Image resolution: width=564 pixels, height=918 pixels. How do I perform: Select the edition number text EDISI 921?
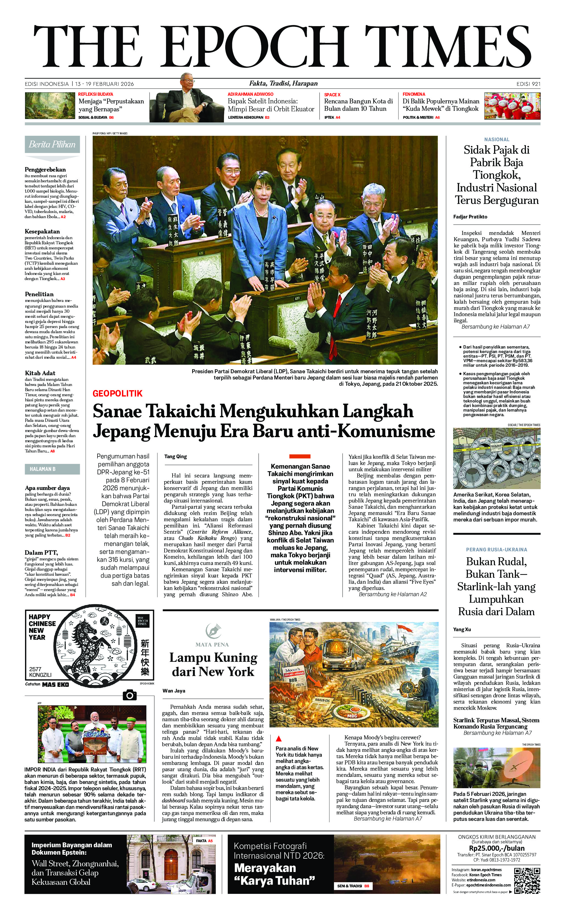point(528,84)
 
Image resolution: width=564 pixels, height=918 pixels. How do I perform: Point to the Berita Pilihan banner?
point(52,145)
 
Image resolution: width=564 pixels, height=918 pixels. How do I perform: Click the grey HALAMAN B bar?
point(52,469)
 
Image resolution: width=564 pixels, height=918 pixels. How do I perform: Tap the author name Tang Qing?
point(175,456)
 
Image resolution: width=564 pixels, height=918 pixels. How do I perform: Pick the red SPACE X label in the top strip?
point(332,95)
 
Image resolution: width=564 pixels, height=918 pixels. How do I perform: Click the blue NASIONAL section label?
point(496,139)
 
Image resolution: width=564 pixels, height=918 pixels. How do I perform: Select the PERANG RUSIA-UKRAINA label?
point(496,549)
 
